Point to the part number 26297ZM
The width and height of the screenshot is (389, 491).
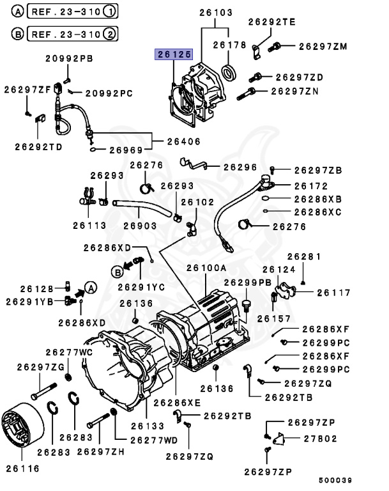coord(323,46)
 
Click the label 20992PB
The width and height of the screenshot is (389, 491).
coord(69,59)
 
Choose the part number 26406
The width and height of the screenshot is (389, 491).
coord(184,141)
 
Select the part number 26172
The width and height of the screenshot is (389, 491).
coord(310,186)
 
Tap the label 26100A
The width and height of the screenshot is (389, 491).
coord(206,269)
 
